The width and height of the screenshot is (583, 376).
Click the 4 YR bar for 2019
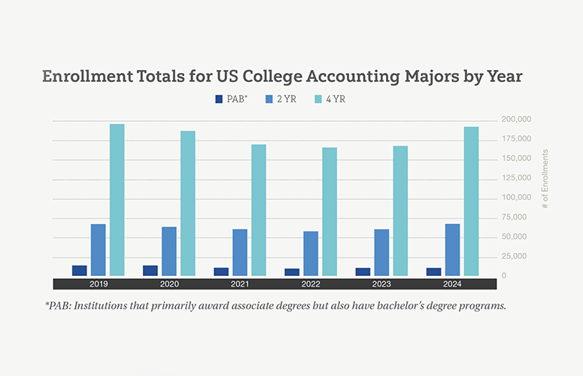pos(117,200)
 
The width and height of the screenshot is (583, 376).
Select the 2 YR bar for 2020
pos(169,251)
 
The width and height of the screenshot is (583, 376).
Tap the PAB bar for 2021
pos(221,271)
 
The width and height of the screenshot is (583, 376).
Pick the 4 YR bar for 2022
pos(329,211)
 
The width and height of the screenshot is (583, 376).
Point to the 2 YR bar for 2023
pos(381,253)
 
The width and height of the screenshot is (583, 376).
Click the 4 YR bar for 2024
pos(471,201)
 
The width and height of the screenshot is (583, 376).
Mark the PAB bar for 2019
pos(80,271)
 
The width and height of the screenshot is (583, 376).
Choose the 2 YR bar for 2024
pos(452,250)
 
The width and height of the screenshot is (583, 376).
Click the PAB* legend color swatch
pos(219,99)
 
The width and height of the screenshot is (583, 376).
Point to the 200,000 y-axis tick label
pos(516,120)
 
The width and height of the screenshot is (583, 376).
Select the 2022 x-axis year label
pos(310,284)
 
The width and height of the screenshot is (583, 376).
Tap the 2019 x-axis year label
pos(98,284)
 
